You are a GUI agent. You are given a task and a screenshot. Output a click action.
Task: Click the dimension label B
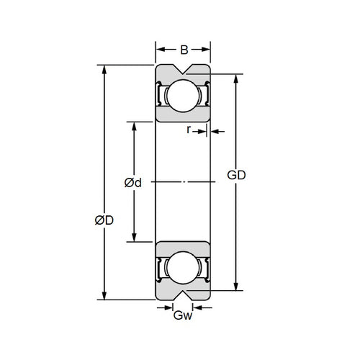[x=184, y=50]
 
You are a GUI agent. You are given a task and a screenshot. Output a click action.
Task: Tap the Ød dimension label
[x=132, y=183]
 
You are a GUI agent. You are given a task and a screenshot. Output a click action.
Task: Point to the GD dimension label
[x=238, y=175]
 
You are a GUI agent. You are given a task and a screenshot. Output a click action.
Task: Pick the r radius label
[x=189, y=130]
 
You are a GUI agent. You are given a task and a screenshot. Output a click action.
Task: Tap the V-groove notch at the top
[x=184, y=71]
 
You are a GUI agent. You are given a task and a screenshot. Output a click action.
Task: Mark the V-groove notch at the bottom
[x=184, y=294]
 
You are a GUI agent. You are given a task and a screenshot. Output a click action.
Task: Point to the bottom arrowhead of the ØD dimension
[x=105, y=294]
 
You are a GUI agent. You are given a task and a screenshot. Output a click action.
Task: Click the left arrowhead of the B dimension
[x=161, y=50]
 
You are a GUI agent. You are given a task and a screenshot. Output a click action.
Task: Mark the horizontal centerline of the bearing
[x=184, y=182]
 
